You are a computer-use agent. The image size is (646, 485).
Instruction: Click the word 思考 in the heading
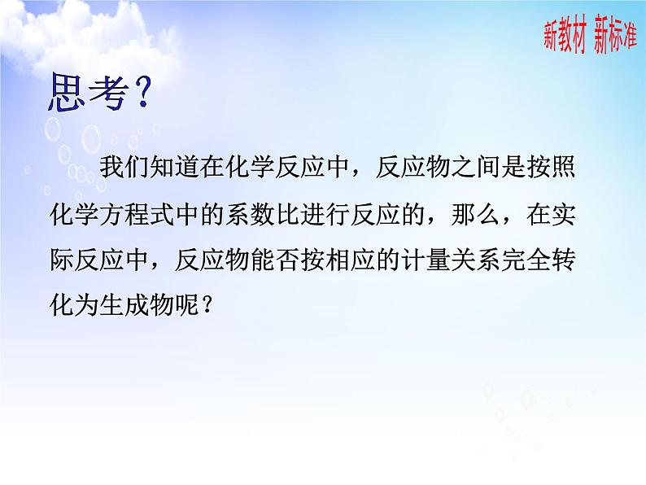coord(84,94)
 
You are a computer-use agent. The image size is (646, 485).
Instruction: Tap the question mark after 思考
coord(139,95)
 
